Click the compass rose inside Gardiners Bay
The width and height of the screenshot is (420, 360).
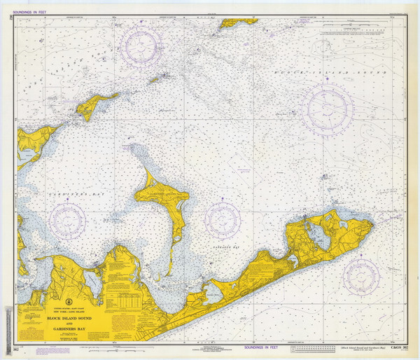(68, 221)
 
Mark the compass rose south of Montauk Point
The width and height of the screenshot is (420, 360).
(360, 277)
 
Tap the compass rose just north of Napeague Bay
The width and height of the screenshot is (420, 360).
(223, 220)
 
